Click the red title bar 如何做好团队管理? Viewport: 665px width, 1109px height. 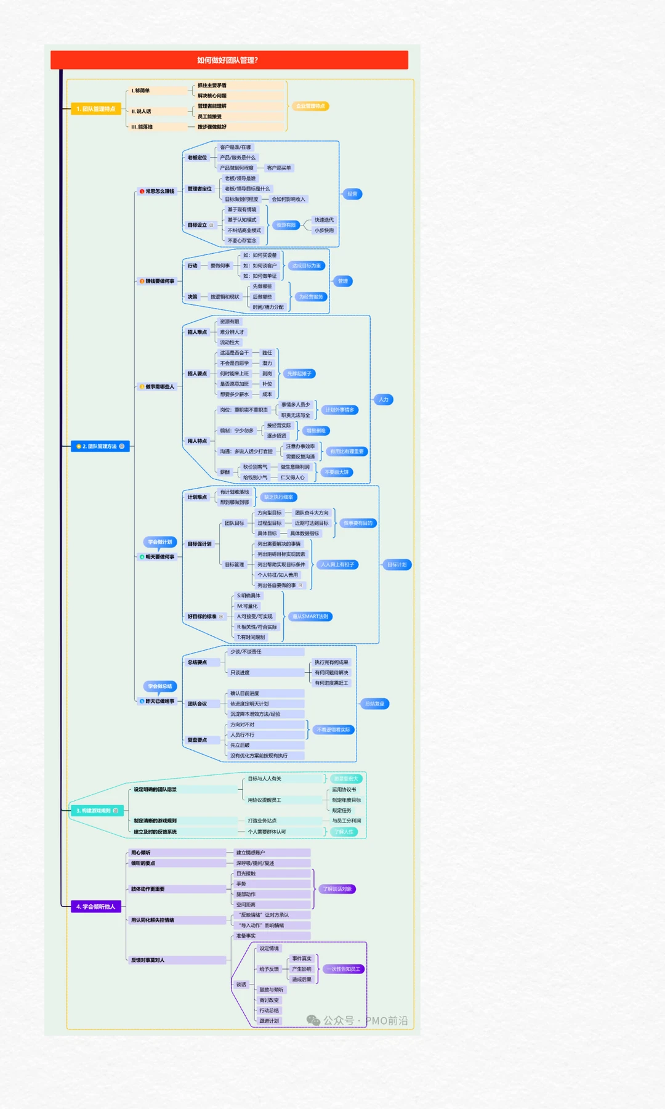(229, 60)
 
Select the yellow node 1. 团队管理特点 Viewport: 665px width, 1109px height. (95, 109)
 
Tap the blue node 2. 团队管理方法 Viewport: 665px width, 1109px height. (100, 446)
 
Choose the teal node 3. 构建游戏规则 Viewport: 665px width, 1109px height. (97, 811)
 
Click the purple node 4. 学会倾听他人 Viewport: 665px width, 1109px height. (96, 906)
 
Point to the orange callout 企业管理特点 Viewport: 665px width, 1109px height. (310, 106)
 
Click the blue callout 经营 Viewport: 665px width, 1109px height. (352, 194)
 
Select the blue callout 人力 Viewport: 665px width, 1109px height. (384, 400)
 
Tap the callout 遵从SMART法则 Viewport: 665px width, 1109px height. (310, 617)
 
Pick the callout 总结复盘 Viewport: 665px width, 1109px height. (374, 704)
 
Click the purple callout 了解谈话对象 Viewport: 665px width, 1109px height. (337, 889)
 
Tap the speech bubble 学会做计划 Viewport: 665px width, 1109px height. (160, 542)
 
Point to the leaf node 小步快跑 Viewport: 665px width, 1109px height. (324, 230)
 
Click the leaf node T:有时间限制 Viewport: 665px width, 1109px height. (251, 637)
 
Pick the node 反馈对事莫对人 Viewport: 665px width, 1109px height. (148, 960)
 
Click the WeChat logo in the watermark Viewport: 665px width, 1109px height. (313, 1021)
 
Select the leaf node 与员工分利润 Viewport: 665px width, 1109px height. (346, 821)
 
